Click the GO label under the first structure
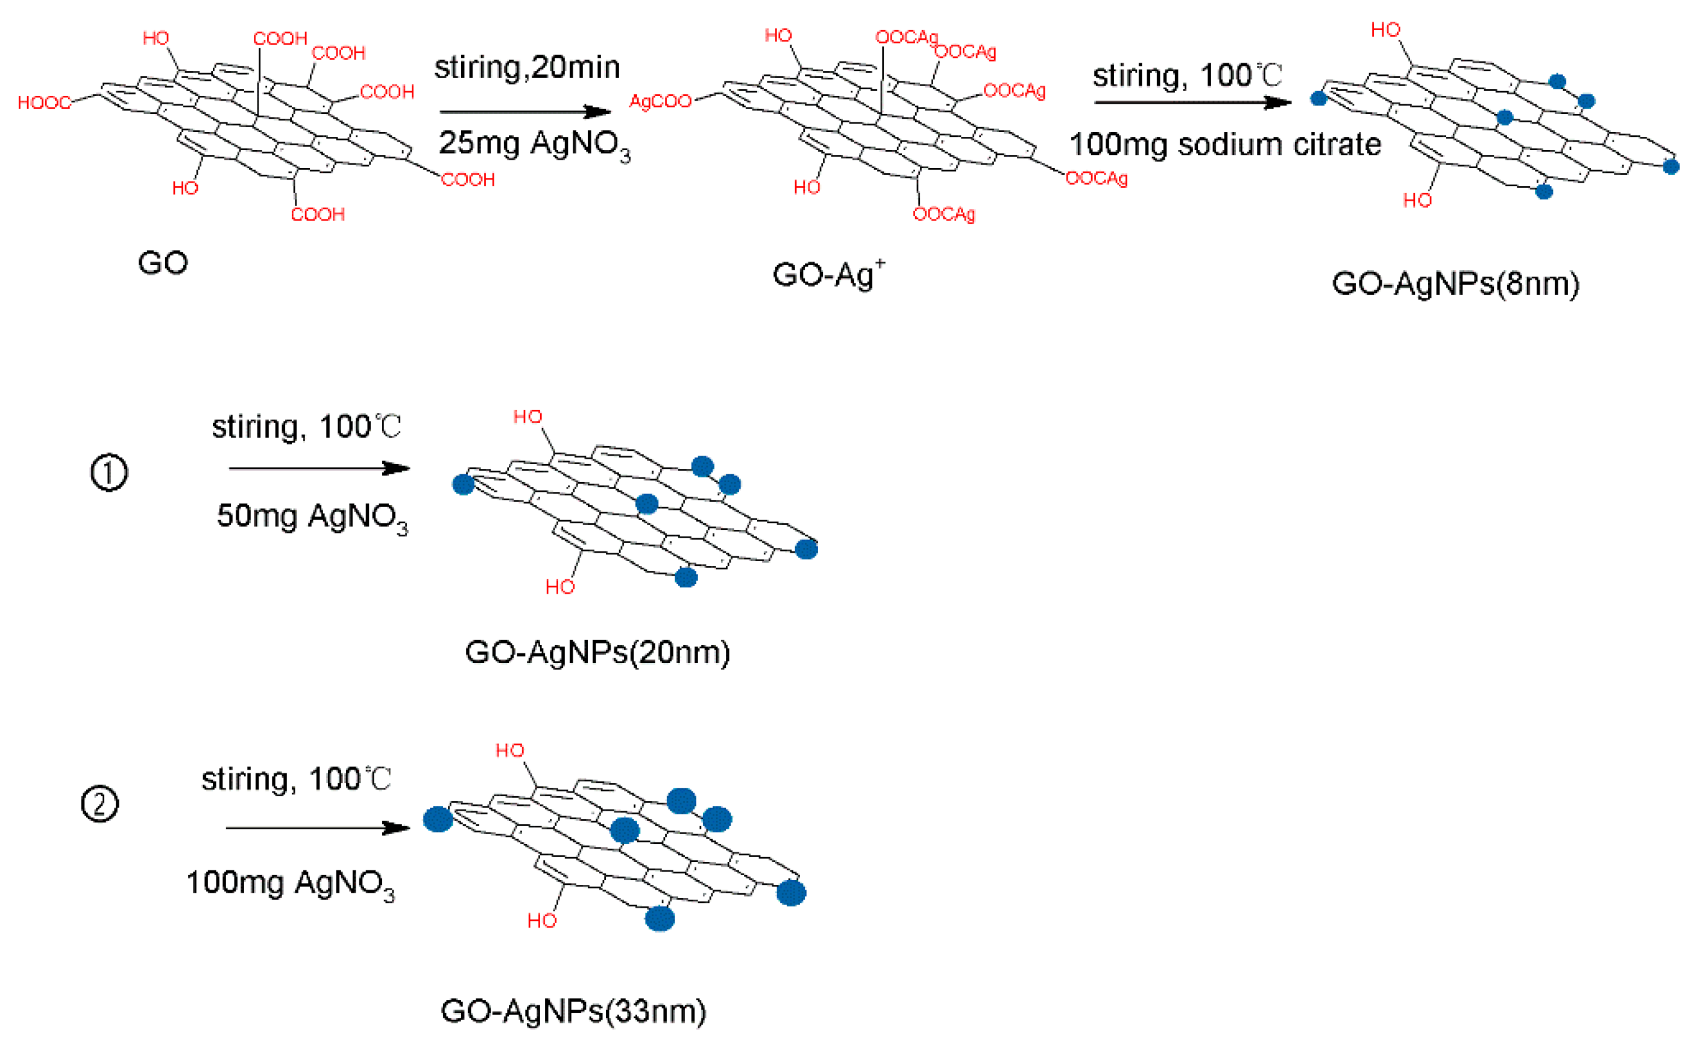163,263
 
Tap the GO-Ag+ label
828,274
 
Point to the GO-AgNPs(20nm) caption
597,652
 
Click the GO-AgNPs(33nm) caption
573,1011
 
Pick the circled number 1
110,473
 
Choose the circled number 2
100,804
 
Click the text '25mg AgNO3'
534,145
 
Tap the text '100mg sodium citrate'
1224,145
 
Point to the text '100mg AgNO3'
290,884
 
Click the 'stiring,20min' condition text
527,68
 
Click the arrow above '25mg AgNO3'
525,112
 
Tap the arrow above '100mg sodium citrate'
1192,102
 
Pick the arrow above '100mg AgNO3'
318,828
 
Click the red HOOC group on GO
44,103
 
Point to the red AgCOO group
660,102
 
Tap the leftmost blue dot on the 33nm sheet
438,819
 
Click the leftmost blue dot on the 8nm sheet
1318,98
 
